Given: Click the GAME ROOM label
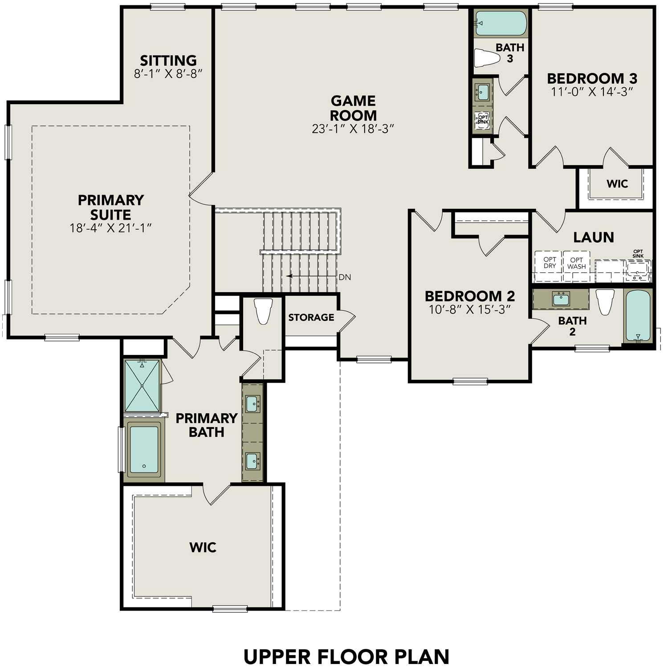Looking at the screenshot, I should (x=353, y=108).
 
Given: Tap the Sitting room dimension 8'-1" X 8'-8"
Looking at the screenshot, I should (x=168, y=74).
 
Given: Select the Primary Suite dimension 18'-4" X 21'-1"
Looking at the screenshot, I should (x=111, y=228).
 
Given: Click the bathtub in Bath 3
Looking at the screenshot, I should (x=501, y=23).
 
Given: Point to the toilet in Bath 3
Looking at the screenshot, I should (x=487, y=57).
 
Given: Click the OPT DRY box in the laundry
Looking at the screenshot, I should (x=550, y=263).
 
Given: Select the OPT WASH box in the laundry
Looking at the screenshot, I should (x=576, y=263).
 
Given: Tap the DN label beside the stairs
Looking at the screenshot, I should (x=345, y=277).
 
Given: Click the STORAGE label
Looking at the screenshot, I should (x=311, y=318).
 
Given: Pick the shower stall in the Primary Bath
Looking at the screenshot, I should (x=142, y=386).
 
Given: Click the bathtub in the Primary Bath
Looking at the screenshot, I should (x=144, y=450).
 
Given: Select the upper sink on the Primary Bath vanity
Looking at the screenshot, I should (x=253, y=404).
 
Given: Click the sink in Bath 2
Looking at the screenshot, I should (x=561, y=298).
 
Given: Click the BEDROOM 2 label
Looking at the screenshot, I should (x=470, y=296).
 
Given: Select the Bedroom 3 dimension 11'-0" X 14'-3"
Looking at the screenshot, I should (x=592, y=92).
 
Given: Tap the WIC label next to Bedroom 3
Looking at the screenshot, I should (x=617, y=183).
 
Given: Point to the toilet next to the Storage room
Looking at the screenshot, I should (x=263, y=311).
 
